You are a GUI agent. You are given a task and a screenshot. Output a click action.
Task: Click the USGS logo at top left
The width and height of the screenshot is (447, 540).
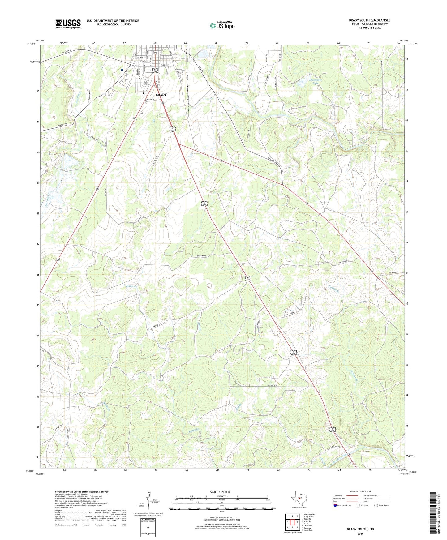68,24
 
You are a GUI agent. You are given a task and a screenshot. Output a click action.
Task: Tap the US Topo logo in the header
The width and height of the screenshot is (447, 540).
222,25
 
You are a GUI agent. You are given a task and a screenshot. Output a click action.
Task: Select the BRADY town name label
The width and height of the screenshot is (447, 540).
161,95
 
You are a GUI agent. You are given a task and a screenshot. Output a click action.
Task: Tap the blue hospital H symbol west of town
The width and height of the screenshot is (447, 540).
122,70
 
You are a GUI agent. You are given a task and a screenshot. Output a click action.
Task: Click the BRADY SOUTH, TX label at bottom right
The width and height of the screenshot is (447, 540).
360,529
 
